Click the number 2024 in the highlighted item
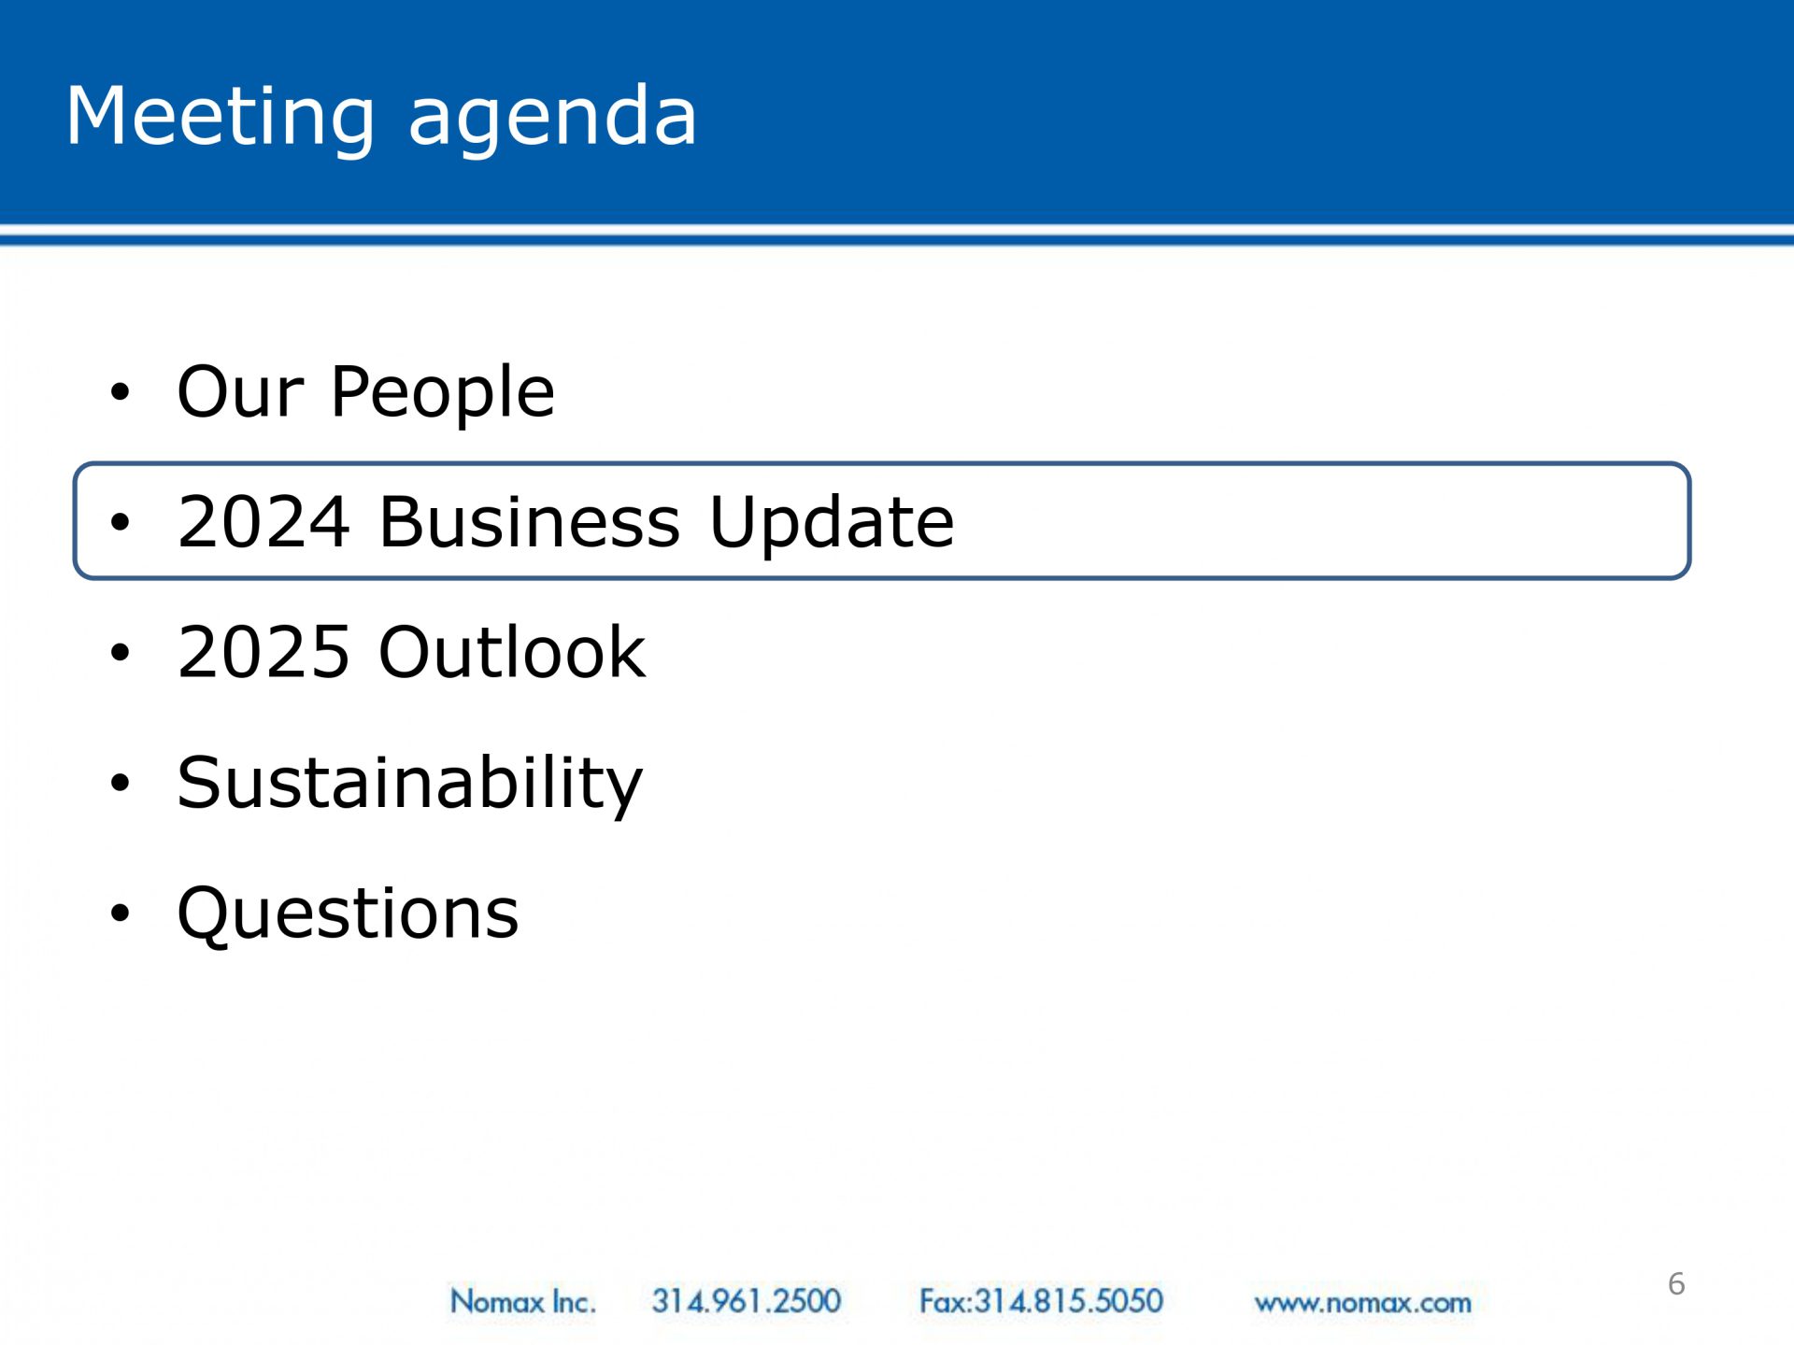click(263, 521)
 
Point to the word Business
click(530, 521)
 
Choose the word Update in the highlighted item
click(833, 523)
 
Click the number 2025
click(263, 652)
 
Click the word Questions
click(348, 913)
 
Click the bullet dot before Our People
click(120, 392)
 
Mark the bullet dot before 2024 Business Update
click(120, 523)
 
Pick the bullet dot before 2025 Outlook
click(120, 653)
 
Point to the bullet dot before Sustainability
click(120, 784)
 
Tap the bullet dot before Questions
click(120, 913)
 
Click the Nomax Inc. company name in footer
click(522, 1301)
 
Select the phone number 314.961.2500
click(747, 1301)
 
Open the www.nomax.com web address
click(1363, 1303)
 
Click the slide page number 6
click(1676, 1284)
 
